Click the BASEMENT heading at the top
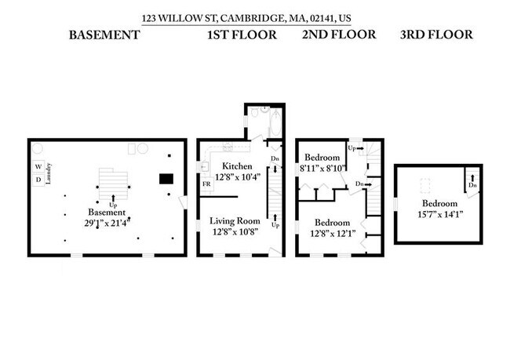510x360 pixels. [x=104, y=35]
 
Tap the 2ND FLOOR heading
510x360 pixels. [x=339, y=35]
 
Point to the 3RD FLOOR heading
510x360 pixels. [x=436, y=35]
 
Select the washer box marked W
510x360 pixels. [x=38, y=167]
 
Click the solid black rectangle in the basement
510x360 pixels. [x=166, y=179]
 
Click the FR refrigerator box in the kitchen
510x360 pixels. [x=206, y=184]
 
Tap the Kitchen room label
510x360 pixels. [x=236, y=166]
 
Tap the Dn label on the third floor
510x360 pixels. [x=472, y=186]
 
